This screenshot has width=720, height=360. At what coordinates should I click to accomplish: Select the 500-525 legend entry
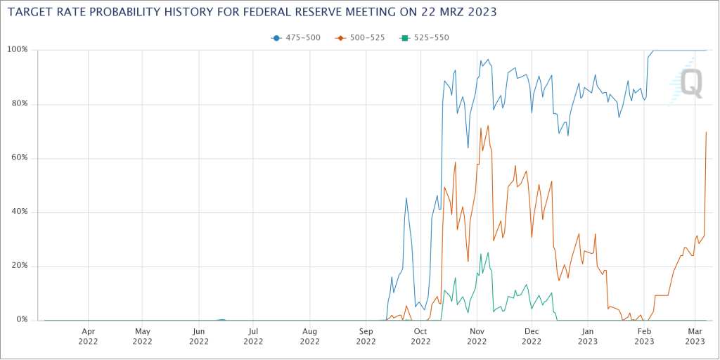361,38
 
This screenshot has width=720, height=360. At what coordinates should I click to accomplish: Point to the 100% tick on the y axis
17,50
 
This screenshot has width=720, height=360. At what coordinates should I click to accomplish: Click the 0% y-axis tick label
21,320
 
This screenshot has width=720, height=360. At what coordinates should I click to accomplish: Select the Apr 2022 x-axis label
88,335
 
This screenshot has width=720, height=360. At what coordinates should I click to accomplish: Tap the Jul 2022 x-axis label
254,335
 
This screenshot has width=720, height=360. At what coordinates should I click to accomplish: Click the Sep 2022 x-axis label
366,335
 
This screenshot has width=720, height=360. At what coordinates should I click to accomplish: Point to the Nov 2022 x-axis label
477,335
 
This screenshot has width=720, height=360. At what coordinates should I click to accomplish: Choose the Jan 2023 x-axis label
589,335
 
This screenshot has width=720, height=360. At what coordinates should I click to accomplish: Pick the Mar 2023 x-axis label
695,335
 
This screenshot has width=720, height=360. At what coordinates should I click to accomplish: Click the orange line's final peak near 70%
706,132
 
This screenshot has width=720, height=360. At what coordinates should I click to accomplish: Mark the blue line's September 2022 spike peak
406,198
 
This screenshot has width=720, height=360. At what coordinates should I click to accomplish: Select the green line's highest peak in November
488,252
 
